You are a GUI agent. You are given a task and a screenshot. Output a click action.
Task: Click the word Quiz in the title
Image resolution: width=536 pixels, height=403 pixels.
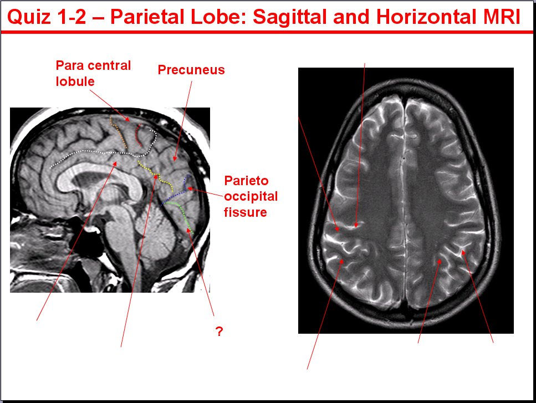point(29,17)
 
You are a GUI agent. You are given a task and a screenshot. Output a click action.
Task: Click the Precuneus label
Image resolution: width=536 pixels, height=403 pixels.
point(191,70)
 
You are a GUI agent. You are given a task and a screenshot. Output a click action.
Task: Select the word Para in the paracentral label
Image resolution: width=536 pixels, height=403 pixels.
point(70,65)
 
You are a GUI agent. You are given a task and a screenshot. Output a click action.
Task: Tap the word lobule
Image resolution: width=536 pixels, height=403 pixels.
point(75,81)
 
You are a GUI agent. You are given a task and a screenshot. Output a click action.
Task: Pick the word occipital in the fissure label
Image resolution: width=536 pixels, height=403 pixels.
point(251,197)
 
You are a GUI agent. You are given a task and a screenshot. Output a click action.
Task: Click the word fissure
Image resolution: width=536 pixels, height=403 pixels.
point(245,212)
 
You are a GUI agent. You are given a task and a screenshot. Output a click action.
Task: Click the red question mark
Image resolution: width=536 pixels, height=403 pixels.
point(219,331)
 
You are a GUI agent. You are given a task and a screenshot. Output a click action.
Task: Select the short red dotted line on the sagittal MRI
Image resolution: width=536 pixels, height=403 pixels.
point(138,135)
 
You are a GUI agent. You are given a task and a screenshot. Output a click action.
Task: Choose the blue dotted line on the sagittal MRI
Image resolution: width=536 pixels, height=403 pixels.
point(178,193)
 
